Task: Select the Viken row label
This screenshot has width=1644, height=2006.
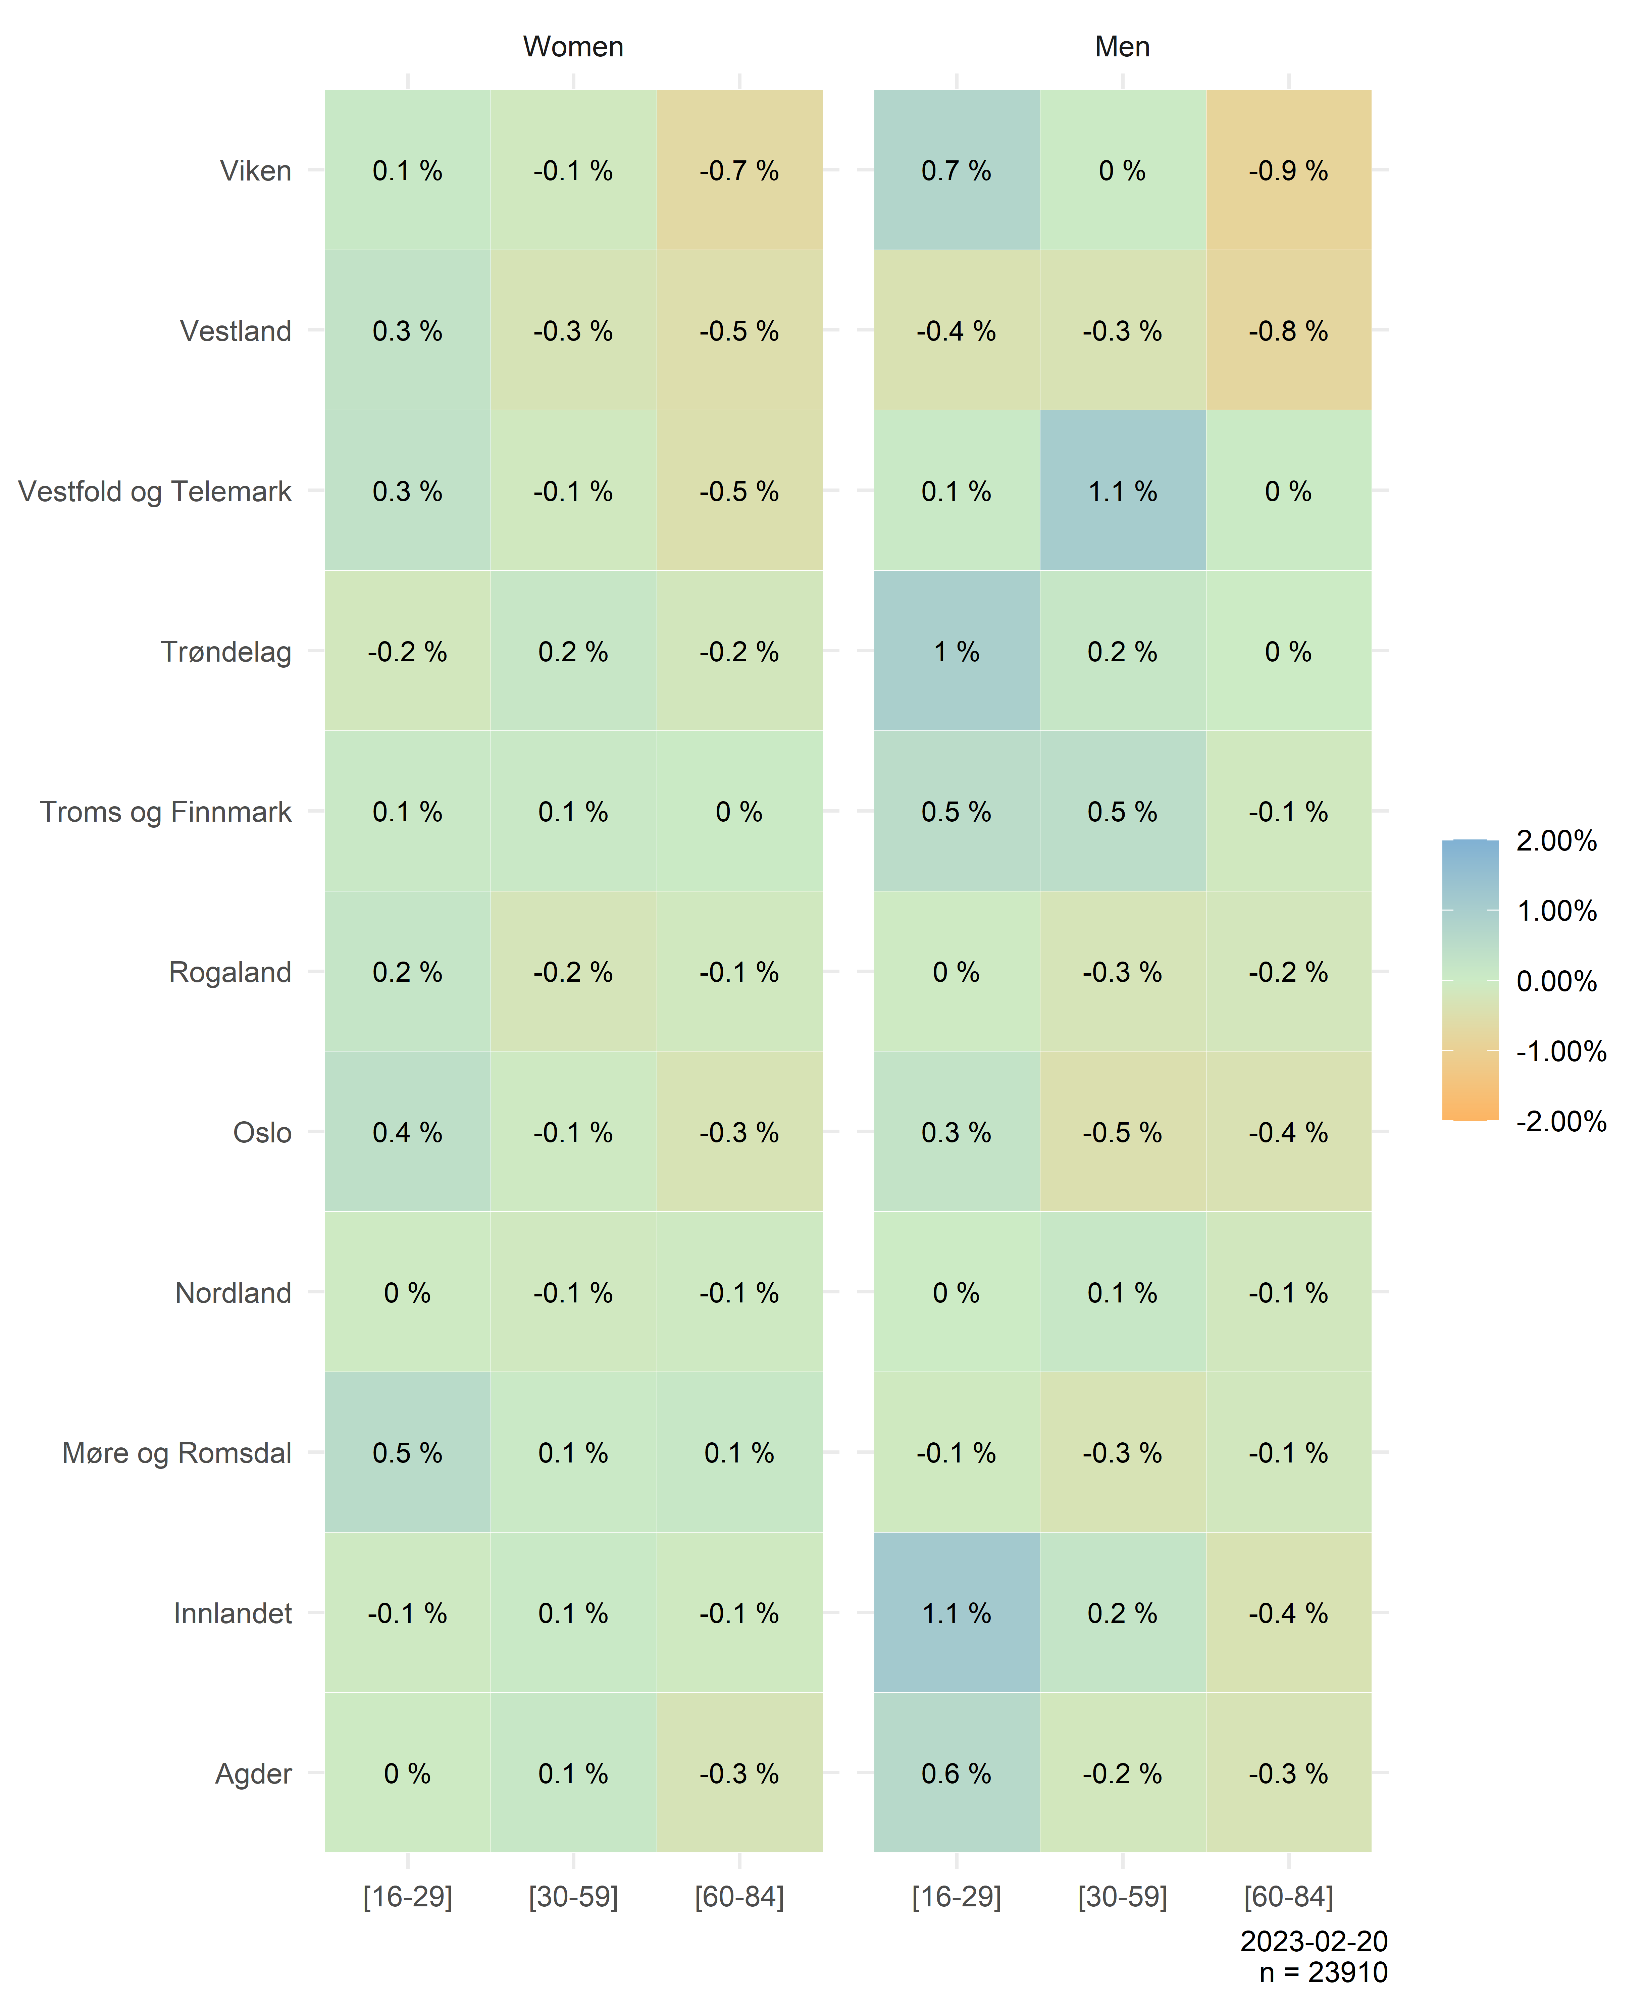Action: (256, 170)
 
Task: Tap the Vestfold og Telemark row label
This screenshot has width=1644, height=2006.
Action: (154, 492)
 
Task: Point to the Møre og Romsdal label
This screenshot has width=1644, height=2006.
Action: (177, 1453)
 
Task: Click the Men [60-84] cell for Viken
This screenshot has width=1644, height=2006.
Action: (1288, 170)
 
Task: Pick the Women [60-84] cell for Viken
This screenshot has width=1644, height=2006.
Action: (739, 170)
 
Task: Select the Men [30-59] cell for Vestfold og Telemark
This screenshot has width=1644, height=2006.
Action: (1122, 492)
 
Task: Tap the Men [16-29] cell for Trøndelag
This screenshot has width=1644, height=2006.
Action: (957, 652)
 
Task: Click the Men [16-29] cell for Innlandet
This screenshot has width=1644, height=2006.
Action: (957, 1613)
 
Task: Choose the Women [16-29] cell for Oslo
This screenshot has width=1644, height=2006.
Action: (407, 1133)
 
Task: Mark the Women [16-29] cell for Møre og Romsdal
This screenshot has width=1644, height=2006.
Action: (407, 1453)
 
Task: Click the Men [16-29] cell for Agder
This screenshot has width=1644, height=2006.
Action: (957, 1773)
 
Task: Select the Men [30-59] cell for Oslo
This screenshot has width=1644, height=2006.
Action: (1122, 1133)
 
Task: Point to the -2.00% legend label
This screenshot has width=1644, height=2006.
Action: (1561, 1121)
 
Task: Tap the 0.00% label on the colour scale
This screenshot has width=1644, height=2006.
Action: (1556, 981)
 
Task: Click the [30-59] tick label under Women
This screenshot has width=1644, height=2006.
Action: (573, 1897)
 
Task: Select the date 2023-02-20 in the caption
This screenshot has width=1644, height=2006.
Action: (1314, 1942)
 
